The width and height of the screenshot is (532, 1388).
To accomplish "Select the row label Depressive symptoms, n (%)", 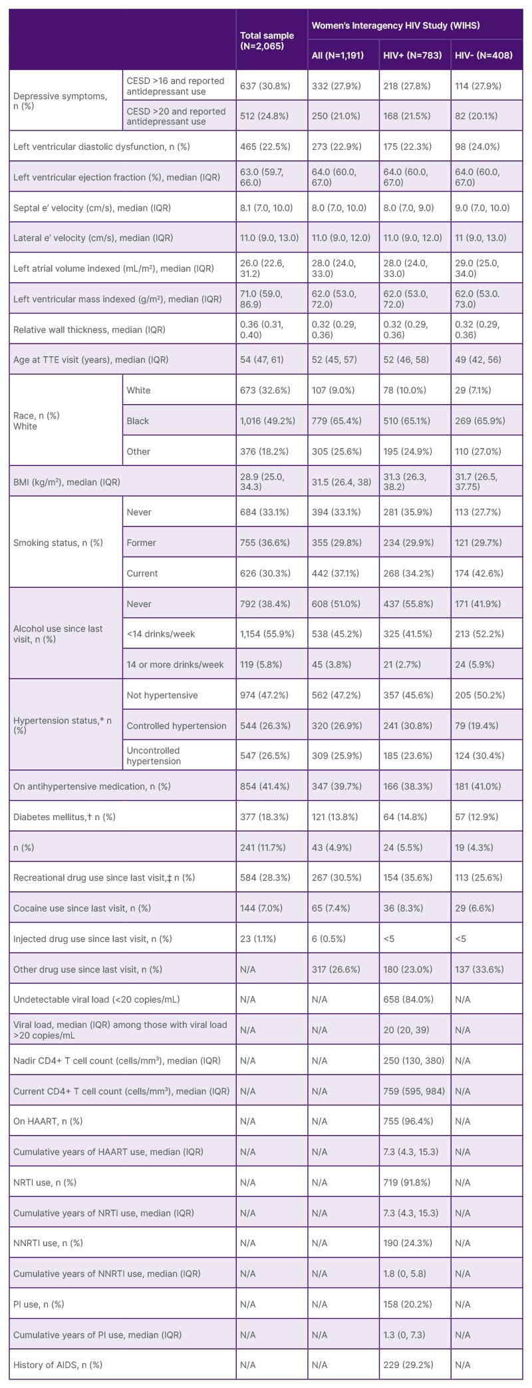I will pos(60,101).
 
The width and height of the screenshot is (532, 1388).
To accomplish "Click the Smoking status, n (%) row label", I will pos(58,543).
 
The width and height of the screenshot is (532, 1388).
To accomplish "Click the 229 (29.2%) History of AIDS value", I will pos(408,1365).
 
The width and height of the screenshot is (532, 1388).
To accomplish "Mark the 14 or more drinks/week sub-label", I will pos(175,664).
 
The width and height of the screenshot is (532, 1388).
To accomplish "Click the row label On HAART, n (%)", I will pos(48,1121).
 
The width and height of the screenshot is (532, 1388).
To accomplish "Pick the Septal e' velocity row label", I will pos(92,208).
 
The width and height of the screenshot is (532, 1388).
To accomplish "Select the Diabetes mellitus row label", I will pos(64,817).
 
